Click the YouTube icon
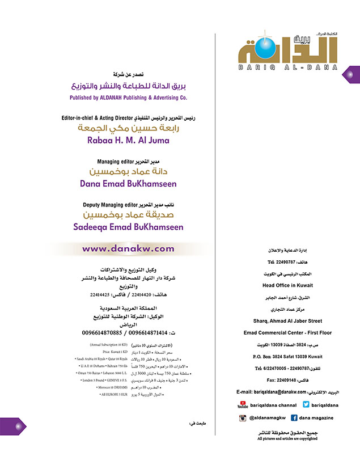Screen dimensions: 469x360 242,405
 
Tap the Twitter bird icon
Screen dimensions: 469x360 306,404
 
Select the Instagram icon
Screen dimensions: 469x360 242,417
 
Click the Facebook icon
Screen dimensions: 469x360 294,417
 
